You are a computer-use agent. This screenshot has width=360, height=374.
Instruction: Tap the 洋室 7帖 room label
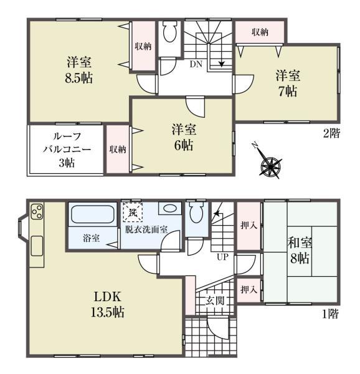tap(288, 83)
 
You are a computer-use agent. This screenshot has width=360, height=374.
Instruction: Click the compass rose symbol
tap(270, 165)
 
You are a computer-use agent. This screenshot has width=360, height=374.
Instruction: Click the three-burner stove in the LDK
tap(36, 211)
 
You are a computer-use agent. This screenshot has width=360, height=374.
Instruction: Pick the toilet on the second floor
tap(169, 32)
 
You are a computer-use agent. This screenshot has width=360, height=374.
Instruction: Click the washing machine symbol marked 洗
tap(132, 213)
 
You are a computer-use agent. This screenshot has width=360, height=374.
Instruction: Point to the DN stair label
tap(196, 63)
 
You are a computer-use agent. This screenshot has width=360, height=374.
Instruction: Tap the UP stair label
tap(222, 256)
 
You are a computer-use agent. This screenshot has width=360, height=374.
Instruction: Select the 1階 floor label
tap(330, 315)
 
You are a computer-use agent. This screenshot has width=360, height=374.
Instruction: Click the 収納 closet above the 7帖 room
tap(260, 32)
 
